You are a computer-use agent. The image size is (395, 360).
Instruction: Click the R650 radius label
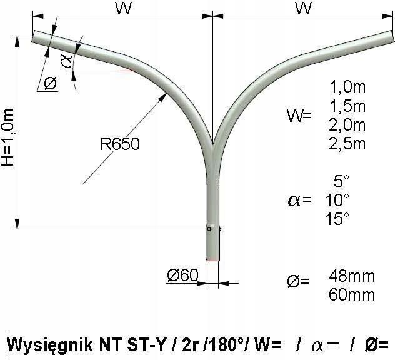pos(120,144)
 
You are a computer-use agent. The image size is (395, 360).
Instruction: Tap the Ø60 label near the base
pos(183,275)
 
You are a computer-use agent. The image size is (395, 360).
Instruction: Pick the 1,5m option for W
pos(347,106)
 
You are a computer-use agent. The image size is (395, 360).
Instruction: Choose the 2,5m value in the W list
pos(347,144)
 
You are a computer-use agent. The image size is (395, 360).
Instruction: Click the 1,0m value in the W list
pos(347,87)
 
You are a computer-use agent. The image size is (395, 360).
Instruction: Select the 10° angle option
pos(337,200)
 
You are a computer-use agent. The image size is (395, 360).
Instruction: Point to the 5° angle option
pos(342,181)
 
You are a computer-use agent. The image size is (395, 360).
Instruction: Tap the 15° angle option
pos(337,219)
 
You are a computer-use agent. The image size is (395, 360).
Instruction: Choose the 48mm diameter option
pos(352,276)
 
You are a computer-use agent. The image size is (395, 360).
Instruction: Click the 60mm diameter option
pos(352,295)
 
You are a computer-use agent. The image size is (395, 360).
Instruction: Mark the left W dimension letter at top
pos(124,8)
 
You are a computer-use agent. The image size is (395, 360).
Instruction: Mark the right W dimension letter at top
pos(304,8)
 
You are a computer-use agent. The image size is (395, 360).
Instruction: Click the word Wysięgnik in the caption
pos(50,346)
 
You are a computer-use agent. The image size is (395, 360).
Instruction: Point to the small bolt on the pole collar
pos(209,229)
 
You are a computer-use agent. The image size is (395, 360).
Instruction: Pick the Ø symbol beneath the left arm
pos(51,83)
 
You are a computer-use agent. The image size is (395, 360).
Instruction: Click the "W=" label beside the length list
pos(299,116)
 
